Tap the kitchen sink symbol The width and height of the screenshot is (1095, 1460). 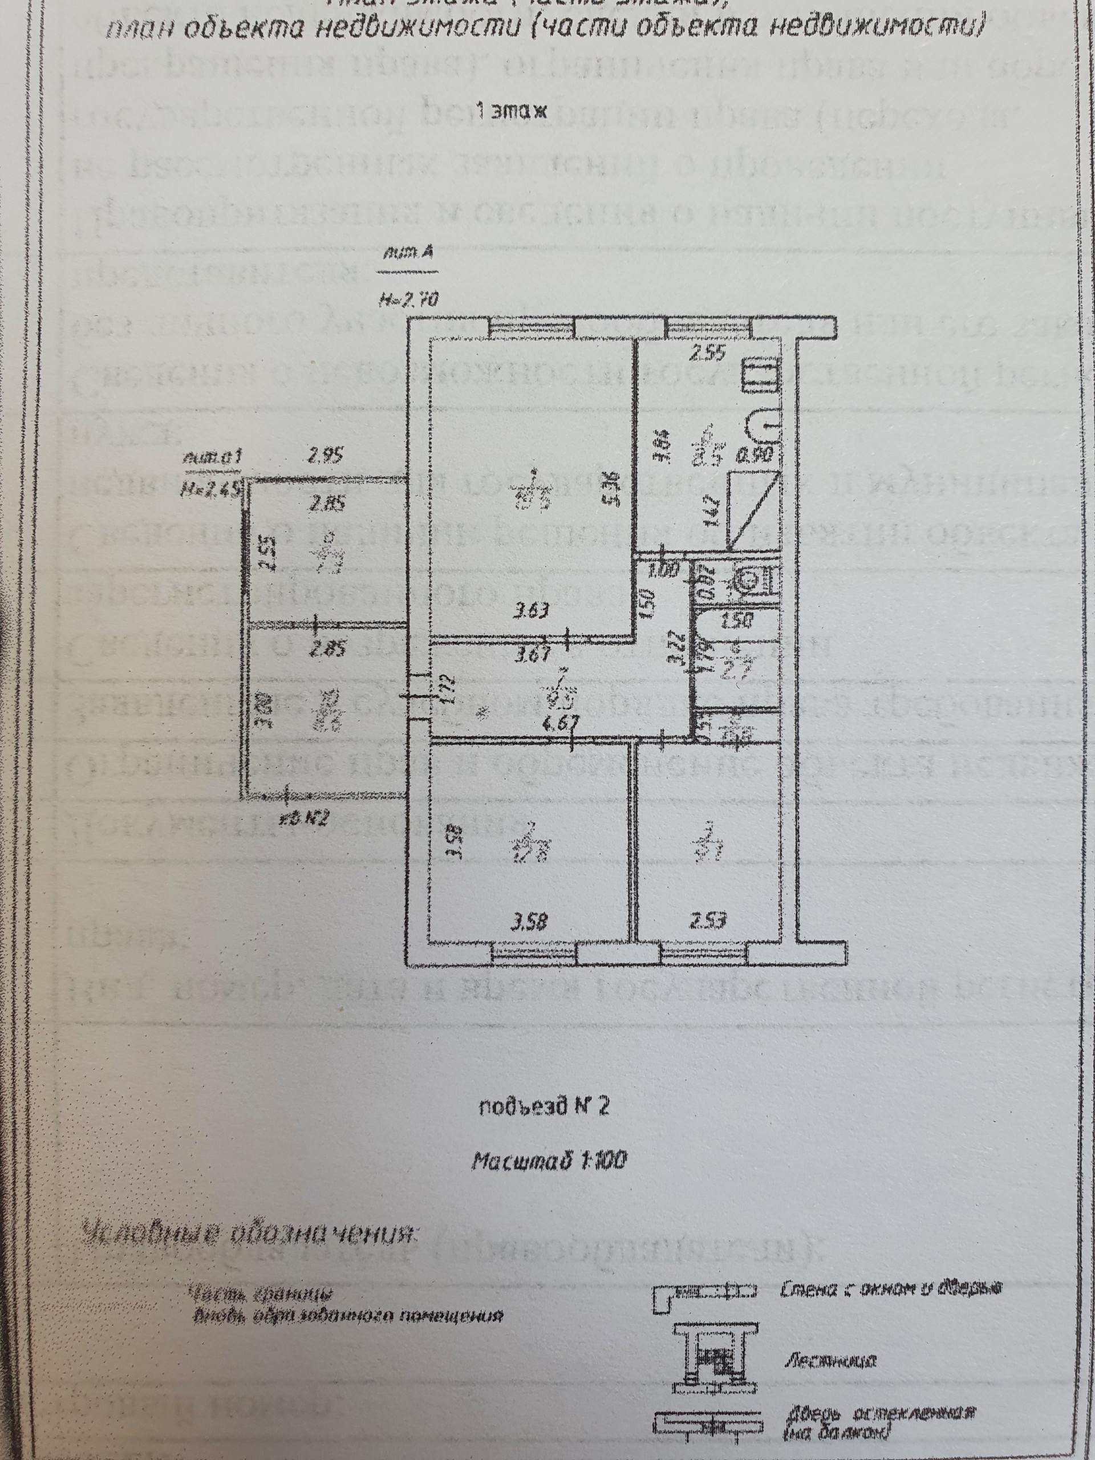click(764, 428)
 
